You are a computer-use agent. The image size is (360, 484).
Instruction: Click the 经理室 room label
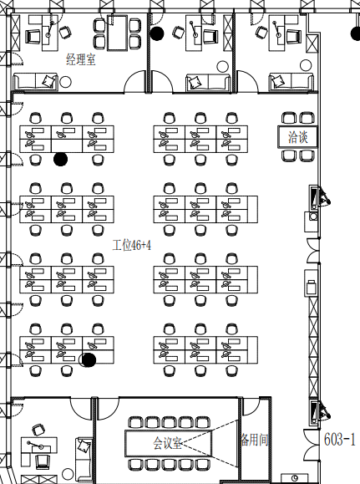pyautogui.click(x=81, y=59)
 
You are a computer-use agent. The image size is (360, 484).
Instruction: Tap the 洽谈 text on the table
pyautogui.click(x=297, y=137)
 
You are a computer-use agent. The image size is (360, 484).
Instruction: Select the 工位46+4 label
pyautogui.click(x=131, y=246)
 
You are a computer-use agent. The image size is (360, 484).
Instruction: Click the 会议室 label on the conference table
pyautogui.click(x=167, y=443)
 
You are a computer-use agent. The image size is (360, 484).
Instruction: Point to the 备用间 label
pyautogui.click(x=255, y=439)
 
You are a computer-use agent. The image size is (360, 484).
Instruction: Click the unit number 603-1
pyautogui.click(x=339, y=439)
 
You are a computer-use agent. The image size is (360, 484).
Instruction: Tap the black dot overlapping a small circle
pyautogui.click(x=89, y=360)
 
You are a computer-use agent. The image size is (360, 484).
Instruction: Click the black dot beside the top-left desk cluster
pyautogui.click(x=60, y=159)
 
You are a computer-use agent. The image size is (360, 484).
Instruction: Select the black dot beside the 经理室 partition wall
pyautogui.click(x=157, y=33)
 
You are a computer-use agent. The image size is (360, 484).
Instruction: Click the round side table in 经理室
pyautogui.click(x=65, y=82)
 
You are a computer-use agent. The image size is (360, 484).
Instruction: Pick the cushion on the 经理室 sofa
pyautogui.click(x=48, y=81)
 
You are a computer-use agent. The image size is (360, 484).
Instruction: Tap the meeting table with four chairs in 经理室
pyautogui.click(x=117, y=33)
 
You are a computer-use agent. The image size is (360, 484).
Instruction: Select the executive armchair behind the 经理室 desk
pyautogui.click(x=33, y=36)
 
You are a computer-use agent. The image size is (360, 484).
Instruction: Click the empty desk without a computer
pyautogui.click(x=67, y=145)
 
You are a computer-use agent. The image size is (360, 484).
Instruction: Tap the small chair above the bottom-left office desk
pyautogui.click(x=38, y=430)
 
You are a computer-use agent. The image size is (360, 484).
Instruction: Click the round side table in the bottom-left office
pyautogui.click(x=68, y=473)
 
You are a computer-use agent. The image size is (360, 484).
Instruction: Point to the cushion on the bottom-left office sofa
pyautogui.click(x=84, y=446)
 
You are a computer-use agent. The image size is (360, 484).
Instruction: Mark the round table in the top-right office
pyautogui.click(x=306, y=65)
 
